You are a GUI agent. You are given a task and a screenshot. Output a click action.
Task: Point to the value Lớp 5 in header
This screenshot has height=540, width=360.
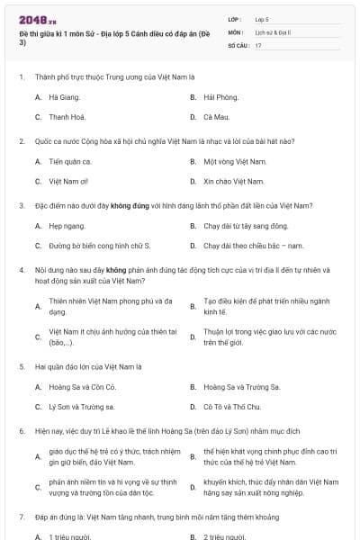[262, 19]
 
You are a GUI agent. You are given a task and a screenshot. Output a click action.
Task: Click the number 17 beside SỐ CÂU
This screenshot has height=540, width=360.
[258, 44]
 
